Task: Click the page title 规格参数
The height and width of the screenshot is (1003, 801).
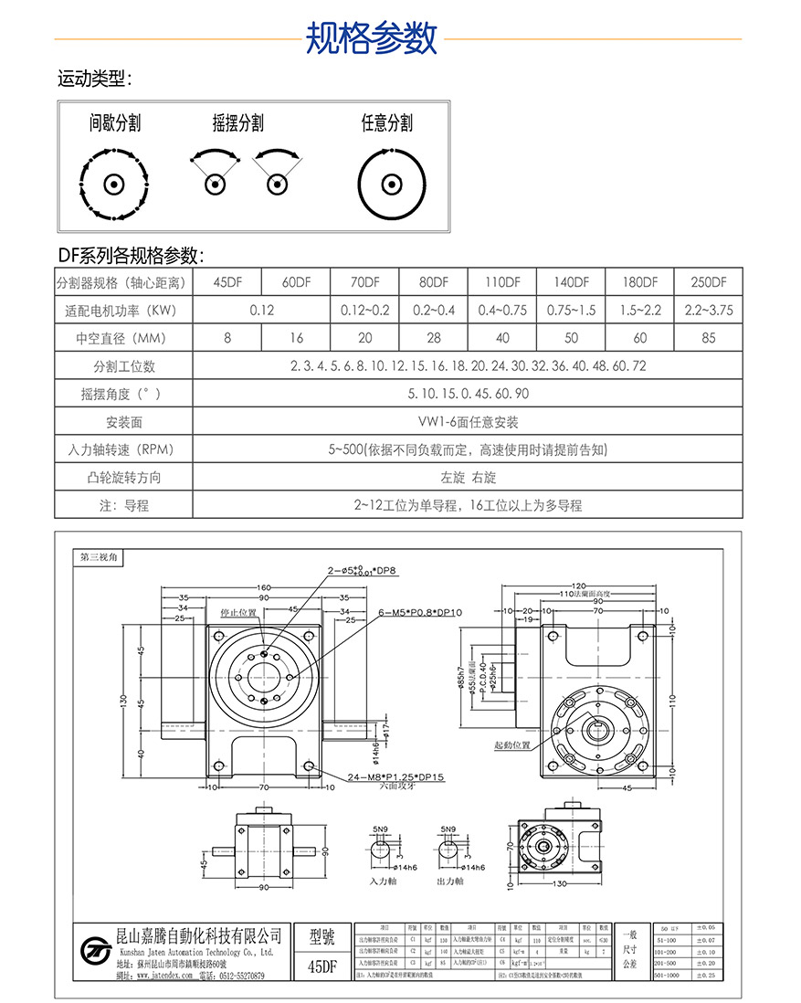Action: (x=371, y=38)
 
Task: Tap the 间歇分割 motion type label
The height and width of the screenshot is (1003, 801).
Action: (x=115, y=123)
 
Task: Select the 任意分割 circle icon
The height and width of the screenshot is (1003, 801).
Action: (x=393, y=184)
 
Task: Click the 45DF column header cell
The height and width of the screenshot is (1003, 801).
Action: (x=227, y=282)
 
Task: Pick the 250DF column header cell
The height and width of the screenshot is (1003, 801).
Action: (x=708, y=282)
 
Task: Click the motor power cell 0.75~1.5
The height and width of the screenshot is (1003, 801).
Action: (x=571, y=311)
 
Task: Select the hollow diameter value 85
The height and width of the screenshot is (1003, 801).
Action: (x=708, y=338)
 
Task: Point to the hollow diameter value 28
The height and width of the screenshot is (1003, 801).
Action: (x=434, y=338)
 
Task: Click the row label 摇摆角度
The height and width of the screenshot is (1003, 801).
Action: (x=123, y=395)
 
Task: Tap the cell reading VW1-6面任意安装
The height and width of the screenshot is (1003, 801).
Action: (x=468, y=422)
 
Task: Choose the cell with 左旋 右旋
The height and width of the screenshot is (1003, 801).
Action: (x=468, y=478)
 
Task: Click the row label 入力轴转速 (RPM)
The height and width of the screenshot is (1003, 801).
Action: (x=123, y=450)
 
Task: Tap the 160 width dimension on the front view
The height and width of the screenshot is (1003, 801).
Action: (x=265, y=587)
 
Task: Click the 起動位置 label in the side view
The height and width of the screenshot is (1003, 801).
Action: (x=511, y=745)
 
